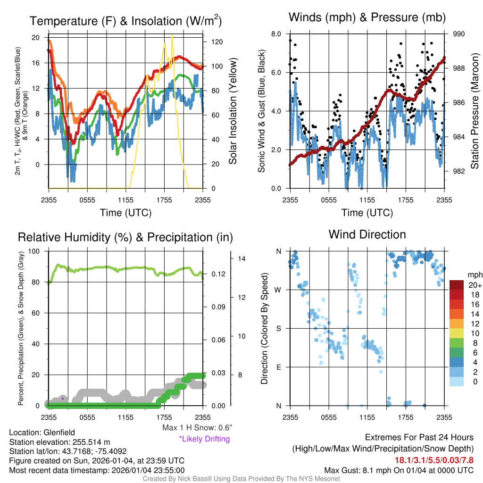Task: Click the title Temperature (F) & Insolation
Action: click(125, 21)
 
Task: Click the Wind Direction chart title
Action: click(367, 234)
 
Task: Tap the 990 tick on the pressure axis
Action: click(459, 34)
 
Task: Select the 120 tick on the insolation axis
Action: click(217, 42)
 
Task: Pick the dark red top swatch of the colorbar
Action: click(457, 285)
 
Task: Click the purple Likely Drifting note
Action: click(204, 439)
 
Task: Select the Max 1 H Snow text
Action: click(197, 427)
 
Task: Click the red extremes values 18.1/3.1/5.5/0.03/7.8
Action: click(434, 460)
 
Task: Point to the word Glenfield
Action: click(58, 432)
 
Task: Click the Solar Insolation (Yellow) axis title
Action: click(233, 111)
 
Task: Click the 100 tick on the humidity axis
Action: click(36, 251)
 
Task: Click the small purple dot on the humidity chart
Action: click(63, 399)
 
